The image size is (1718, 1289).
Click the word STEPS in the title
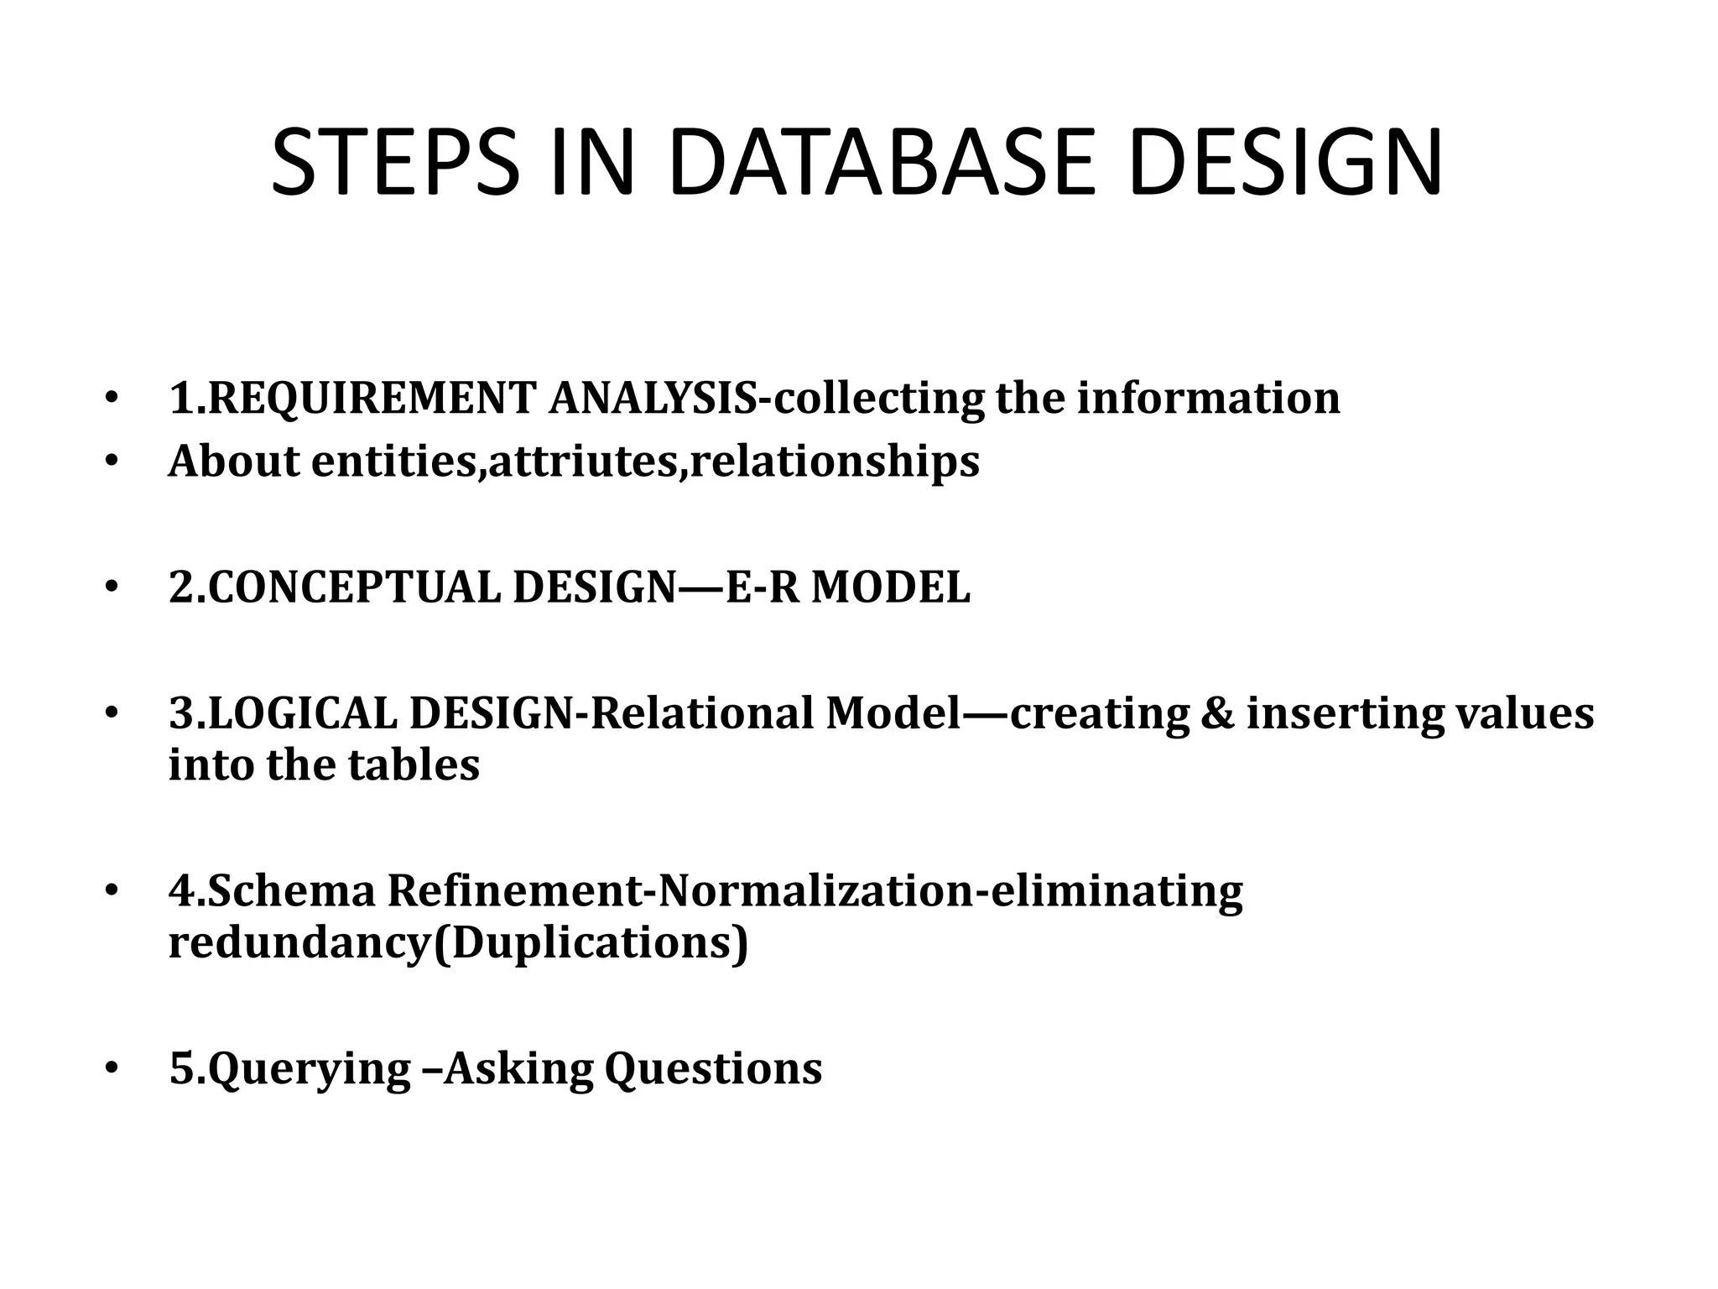pos(395,163)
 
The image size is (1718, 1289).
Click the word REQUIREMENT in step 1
pos(370,398)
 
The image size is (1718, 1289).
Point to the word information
pos(1209,398)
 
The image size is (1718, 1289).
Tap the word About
pos(233,462)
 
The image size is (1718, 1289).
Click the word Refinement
pos(513,891)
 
